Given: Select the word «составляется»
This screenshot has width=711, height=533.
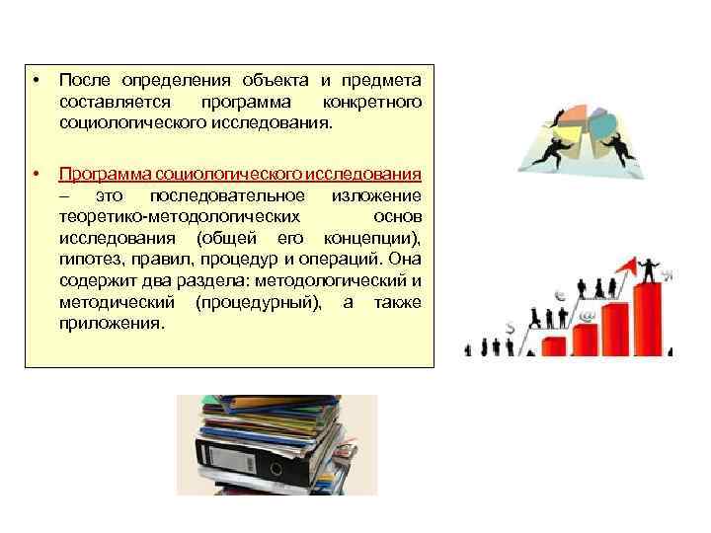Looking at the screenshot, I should coord(113,103).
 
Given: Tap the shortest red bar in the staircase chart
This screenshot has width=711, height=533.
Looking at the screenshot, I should coord(555,346).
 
